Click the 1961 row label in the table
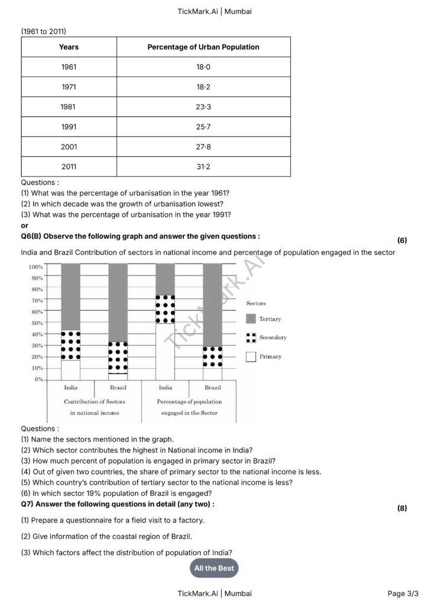(69, 67)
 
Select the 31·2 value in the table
(203, 167)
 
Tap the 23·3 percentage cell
(203, 107)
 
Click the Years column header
(69, 47)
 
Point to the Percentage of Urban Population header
(203, 47)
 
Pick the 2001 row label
(69, 147)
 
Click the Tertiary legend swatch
(251, 319)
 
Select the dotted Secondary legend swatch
(251, 337)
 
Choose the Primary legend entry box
(251, 356)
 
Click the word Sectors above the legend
(256, 303)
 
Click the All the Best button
(213, 568)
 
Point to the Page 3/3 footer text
(403, 593)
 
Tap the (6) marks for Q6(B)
(402, 240)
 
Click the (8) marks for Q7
(402, 508)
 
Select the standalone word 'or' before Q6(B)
(24, 226)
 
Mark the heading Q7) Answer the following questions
(117, 504)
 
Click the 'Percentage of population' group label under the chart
(189, 401)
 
